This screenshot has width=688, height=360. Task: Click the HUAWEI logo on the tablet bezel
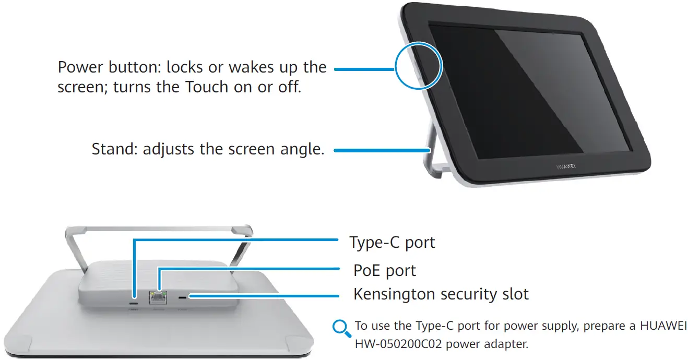click(565, 170)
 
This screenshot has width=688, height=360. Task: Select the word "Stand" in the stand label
click(114, 149)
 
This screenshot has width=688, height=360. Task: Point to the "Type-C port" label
click(392, 243)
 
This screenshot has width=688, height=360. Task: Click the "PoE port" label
click(385, 271)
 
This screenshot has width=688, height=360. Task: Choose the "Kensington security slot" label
click(441, 294)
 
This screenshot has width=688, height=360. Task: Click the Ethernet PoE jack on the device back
click(158, 297)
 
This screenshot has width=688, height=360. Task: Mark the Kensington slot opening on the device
click(182, 297)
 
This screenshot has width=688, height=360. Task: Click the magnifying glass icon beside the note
click(341, 329)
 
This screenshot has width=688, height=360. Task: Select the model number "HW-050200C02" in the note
click(401, 345)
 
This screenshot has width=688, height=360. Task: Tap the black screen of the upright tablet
click(527, 94)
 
